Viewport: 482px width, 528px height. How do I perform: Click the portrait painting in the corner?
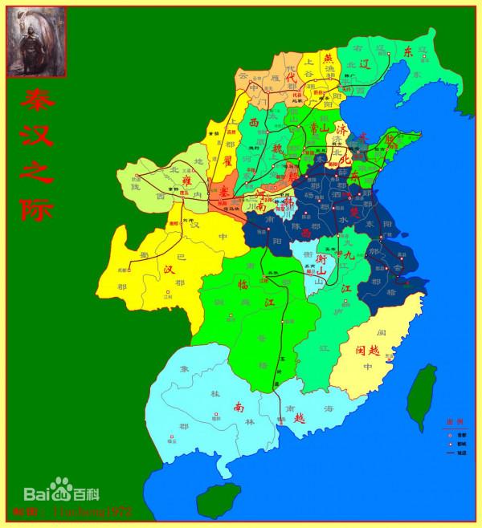pyautogui.click(x=36, y=43)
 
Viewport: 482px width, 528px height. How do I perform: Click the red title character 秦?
pyautogui.click(x=36, y=100)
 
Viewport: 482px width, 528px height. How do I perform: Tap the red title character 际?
pyautogui.click(x=36, y=209)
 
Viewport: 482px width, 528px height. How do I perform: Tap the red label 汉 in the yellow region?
pyautogui.click(x=169, y=270)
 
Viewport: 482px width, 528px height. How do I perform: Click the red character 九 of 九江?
pyautogui.click(x=347, y=255)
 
